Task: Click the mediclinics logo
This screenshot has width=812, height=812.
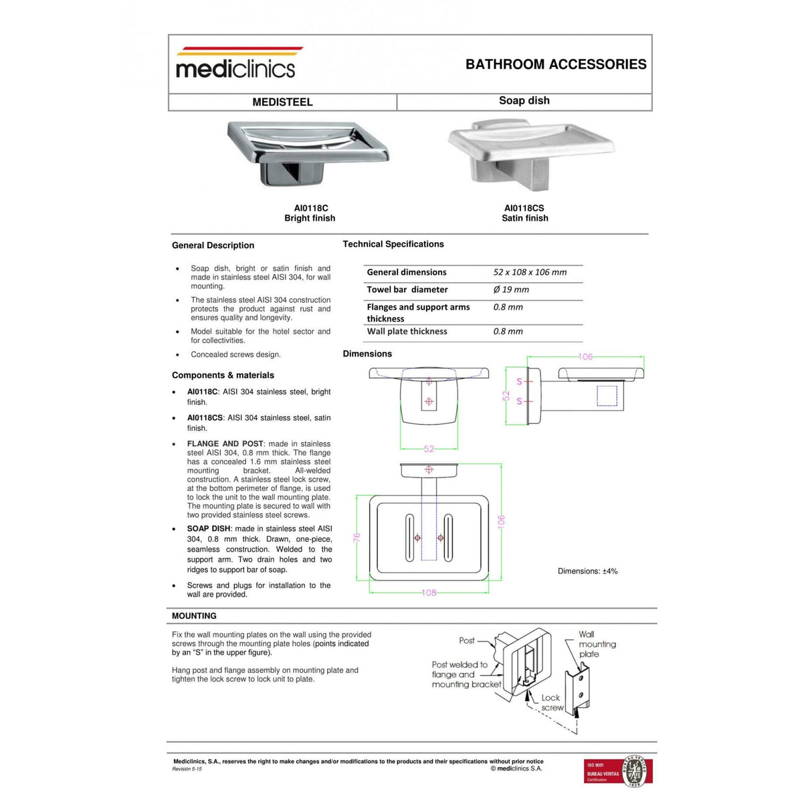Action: (235, 64)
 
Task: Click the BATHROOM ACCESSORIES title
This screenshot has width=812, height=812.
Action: (556, 64)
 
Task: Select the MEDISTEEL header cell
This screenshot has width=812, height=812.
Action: (282, 102)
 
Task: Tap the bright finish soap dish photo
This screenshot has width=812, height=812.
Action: (308, 153)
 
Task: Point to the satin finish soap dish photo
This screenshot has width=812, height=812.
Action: (530, 155)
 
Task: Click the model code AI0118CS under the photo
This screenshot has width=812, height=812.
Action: (524, 208)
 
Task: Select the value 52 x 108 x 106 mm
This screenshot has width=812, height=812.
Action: (530, 272)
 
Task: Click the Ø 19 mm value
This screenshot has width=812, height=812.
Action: (511, 290)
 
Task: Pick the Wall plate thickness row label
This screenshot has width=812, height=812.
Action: (407, 331)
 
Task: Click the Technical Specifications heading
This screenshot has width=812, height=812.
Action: (393, 244)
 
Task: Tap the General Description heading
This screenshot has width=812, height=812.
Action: (213, 245)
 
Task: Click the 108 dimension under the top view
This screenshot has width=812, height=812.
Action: (429, 593)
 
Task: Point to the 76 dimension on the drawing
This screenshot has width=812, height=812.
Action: (357, 537)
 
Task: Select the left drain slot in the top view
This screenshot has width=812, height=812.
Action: (409, 537)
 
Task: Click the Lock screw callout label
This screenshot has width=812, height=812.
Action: (552, 702)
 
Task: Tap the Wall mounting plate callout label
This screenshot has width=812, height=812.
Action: (596, 644)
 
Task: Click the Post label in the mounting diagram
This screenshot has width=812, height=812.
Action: (467, 641)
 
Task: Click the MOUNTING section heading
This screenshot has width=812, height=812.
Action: (194, 616)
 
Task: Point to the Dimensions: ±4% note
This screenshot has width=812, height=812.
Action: (587, 571)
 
